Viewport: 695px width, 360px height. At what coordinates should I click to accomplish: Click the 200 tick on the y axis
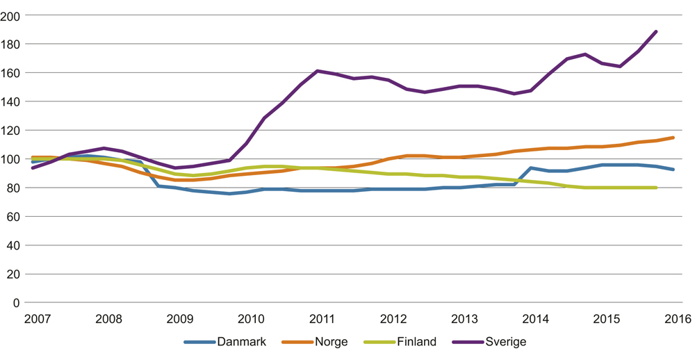[x=13, y=15]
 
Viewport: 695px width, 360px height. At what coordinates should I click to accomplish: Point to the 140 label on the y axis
[x=13, y=101]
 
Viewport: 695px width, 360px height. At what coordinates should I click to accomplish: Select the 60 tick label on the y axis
[x=15, y=217]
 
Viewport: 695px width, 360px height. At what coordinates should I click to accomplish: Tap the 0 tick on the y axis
[x=19, y=303]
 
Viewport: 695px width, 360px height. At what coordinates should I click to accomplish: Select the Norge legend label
[x=330, y=342]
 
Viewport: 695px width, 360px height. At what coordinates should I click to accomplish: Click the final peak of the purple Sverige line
[x=656, y=31]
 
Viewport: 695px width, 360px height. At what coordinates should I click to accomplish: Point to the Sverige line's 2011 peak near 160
[x=318, y=71]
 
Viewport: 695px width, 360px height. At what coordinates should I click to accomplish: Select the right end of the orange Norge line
[x=673, y=138]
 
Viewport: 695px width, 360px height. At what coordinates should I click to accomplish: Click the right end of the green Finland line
[x=656, y=188]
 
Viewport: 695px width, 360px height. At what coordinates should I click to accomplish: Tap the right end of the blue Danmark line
[x=673, y=170]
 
